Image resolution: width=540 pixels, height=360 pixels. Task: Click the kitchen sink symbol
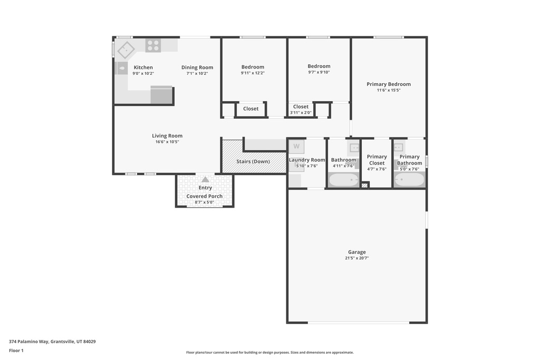coord(126,50)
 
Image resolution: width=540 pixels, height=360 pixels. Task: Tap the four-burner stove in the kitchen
coord(153,46)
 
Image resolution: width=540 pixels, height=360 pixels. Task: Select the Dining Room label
coord(197,67)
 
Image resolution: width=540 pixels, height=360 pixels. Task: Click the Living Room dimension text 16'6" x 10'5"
coord(167,142)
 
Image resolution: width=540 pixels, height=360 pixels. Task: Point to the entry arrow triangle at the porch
coord(205,179)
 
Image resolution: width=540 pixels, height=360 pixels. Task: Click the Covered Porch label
coord(205,196)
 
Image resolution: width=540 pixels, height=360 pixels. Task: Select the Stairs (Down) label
coord(253,161)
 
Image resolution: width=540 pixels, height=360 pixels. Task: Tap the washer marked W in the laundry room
coord(296,146)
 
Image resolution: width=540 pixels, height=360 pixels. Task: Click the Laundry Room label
coord(307,160)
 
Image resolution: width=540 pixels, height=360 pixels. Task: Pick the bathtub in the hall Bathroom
coord(343,180)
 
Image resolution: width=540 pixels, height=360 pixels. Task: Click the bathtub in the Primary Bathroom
coord(409,180)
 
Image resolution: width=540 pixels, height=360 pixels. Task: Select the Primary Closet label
coord(377,160)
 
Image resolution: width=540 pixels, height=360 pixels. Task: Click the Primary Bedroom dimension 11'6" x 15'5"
coord(389,90)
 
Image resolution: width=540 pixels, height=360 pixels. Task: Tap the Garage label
coord(356,252)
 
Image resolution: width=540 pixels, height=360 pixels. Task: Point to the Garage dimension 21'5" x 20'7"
coord(356,258)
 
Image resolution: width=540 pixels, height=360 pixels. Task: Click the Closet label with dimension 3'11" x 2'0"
coord(301,106)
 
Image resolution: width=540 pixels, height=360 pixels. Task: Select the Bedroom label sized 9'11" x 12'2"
coord(253,67)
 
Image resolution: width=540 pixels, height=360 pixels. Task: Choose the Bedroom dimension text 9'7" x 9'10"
coord(319,72)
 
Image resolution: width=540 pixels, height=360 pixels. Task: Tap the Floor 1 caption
coord(16,351)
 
